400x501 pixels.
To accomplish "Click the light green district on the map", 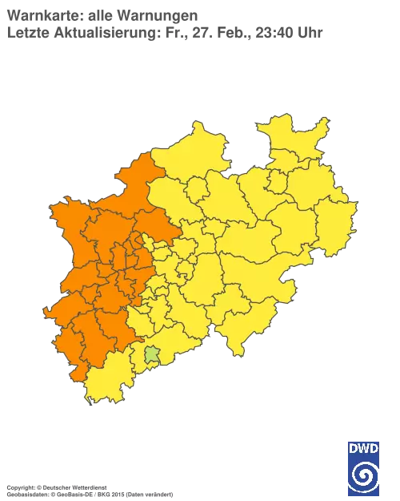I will pos(151,354).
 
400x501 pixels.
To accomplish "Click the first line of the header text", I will pos(104,17).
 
